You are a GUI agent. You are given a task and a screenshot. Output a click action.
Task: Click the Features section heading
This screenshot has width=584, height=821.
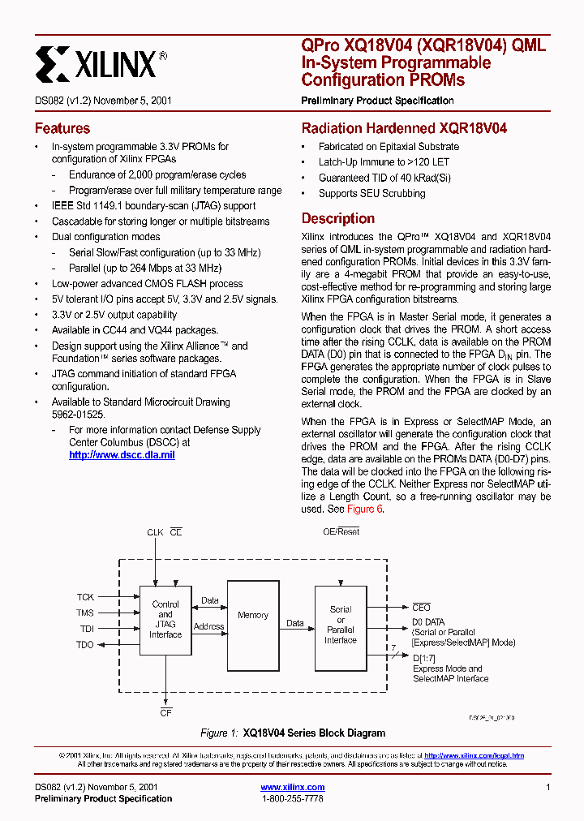pos(62,128)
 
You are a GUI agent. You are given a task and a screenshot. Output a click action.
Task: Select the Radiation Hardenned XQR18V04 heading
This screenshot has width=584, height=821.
pos(404,128)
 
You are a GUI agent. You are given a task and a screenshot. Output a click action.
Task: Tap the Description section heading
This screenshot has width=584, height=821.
pos(338,218)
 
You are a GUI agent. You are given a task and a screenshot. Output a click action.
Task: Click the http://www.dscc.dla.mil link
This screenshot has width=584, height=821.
pos(122,455)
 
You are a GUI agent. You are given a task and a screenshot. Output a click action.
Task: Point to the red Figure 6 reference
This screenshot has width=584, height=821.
pos(364,509)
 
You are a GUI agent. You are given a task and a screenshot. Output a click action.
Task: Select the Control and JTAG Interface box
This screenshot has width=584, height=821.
pos(165,620)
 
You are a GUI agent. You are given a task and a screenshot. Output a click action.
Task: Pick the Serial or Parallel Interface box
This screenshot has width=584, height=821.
pos(341,625)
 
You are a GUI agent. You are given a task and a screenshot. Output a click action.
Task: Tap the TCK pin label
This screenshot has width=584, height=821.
pos(85,596)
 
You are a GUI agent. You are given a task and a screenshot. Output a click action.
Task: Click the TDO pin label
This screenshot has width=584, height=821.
pos(85,644)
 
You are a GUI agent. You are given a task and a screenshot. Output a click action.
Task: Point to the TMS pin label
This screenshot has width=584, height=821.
pos(85,613)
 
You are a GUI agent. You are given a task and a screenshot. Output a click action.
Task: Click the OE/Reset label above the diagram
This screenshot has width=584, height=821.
pos(341,532)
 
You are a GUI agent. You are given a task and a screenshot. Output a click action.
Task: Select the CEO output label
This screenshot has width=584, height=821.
pos(422,607)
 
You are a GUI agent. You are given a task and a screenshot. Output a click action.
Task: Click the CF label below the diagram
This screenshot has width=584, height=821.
pos(165,712)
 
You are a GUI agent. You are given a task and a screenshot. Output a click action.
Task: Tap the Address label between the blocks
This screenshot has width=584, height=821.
pos(208,626)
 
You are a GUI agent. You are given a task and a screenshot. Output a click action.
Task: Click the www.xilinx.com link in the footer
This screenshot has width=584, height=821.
pos(293,787)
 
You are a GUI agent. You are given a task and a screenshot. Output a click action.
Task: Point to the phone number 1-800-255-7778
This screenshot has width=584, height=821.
pos(293,798)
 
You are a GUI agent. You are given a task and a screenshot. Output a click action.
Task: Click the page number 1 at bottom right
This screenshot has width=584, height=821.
pos(548,787)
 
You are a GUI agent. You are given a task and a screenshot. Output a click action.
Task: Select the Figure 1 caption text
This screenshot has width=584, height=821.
pos(293,733)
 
